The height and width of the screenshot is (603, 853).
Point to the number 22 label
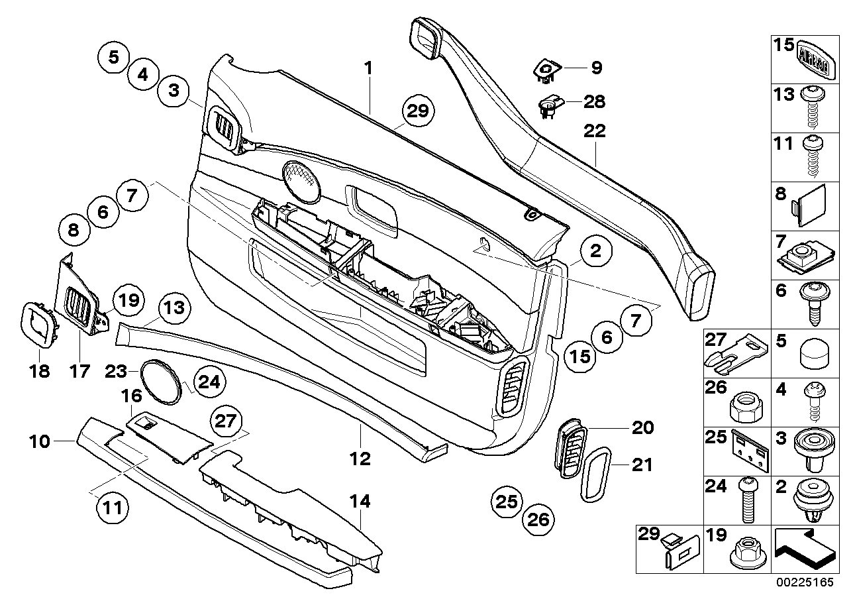click(594, 132)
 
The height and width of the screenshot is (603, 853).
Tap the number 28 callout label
click(594, 101)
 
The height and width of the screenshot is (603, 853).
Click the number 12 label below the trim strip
click(360, 458)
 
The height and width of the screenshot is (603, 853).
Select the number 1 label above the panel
click(368, 68)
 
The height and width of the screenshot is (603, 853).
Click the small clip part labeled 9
click(548, 70)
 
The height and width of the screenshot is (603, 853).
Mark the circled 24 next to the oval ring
click(208, 382)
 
